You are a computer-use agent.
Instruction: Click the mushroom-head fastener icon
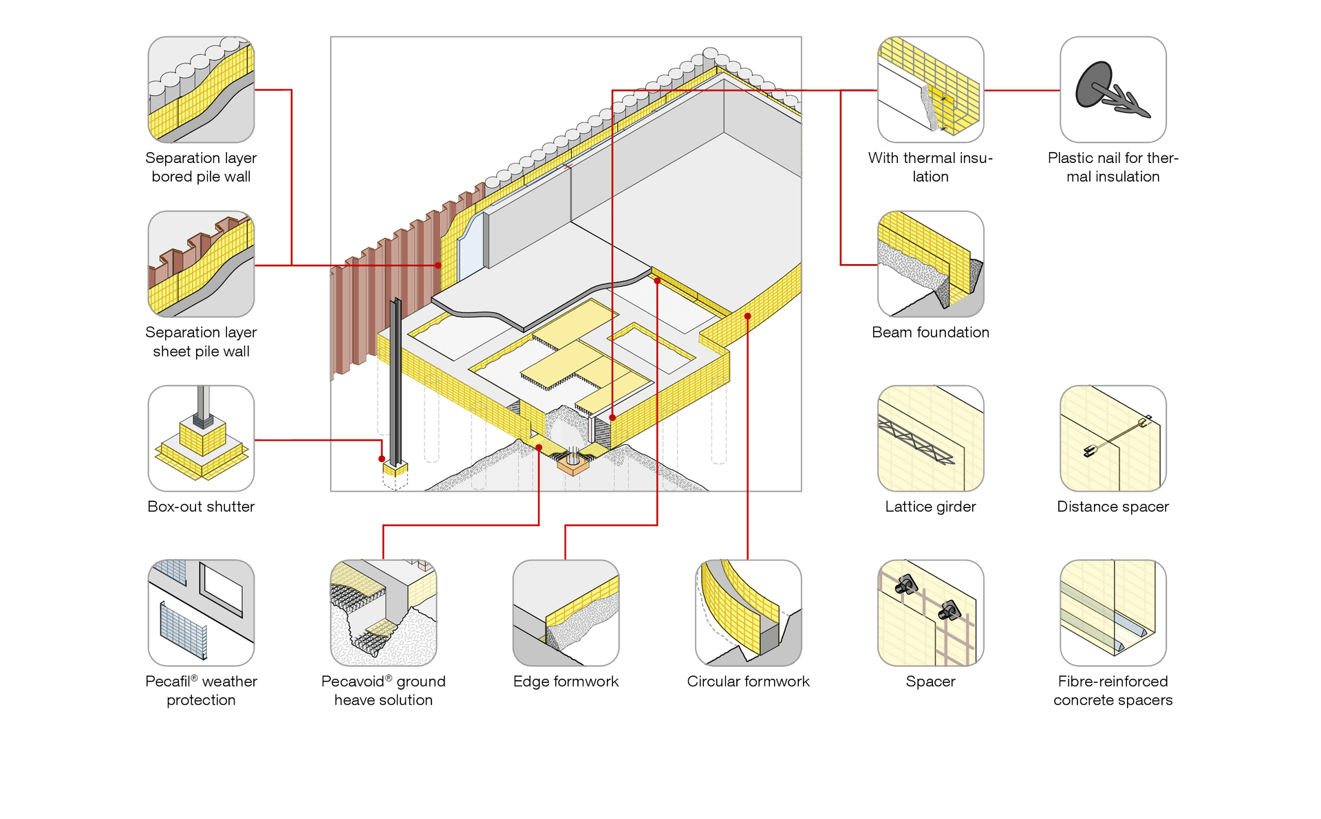1113,90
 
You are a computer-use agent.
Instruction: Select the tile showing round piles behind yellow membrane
201,89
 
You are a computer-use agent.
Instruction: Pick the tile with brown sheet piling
201,264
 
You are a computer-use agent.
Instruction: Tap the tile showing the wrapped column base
201,438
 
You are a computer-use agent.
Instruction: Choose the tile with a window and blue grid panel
201,612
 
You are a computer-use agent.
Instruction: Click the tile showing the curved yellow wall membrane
748,612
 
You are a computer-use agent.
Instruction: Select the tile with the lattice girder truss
930,438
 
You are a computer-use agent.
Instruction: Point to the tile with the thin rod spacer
1113,438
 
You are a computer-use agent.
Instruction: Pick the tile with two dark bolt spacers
930,612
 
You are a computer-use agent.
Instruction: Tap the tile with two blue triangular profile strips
1113,612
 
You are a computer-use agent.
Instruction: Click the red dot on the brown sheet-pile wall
438,265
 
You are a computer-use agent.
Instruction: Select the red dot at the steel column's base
382,459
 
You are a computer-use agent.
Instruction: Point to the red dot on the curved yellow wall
748,316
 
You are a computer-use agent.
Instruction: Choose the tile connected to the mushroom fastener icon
930,90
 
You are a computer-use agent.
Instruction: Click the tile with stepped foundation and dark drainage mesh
383,612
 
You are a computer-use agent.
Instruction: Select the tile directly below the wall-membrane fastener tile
930,264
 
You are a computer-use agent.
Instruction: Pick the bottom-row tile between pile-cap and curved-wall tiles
566,612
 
